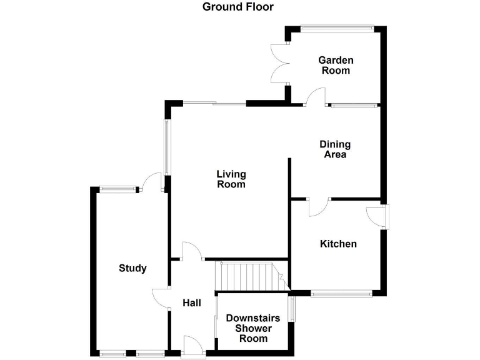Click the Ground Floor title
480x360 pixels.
pos(237,7)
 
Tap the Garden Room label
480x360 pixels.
pos(336,66)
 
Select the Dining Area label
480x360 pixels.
pos(335,149)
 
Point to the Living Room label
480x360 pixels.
pos(231,179)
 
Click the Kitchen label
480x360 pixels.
pos(338,244)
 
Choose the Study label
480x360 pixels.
pos(132,268)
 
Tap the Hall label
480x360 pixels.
pos(192,303)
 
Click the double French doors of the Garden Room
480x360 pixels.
pos(277,62)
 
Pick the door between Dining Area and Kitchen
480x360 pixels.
pos(317,207)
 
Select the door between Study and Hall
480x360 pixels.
pos(161,298)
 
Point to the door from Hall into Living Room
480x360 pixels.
pos(191,251)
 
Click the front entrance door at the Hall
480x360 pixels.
pos(192,346)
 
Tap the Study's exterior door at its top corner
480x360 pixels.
pos(151,181)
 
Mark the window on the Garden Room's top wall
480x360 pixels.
pos(336,27)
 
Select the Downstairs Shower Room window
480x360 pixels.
pos(291,308)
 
